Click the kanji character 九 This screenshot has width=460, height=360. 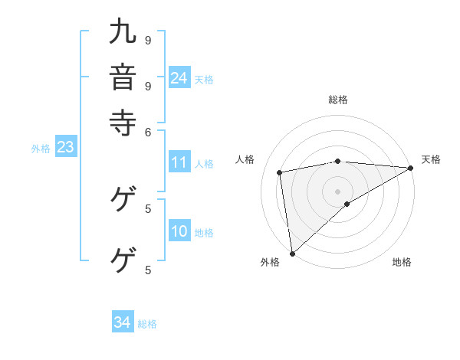click(x=123, y=32)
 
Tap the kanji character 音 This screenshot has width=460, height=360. click(x=123, y=77)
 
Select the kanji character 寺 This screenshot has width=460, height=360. click(x=123, y=121)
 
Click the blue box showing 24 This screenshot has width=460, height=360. click(x=179, y=78)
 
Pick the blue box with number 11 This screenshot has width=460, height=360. click(x=179, y=162)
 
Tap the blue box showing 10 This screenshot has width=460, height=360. click(x=179, y=232)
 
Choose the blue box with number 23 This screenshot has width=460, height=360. click(x=65, y=148)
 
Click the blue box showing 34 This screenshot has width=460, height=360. click(x=123, y=322)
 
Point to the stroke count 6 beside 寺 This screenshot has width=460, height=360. click(x=149, y=132)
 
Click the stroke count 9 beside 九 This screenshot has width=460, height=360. click(x=149, y=39)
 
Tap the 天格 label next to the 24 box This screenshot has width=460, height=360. click(x=204, y=79)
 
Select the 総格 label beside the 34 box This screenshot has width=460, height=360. click(x=147, y=324)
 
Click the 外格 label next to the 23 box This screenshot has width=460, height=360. click(x=41, y=149)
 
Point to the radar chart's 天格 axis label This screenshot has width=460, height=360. click(x=431, y=159)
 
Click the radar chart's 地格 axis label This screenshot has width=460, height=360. click(x=402, y=263)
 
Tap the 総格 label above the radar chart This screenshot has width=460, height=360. click(x=338, y=100)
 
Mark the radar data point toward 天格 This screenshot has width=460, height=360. click(x=411, y=168)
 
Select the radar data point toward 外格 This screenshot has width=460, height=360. click(x=292, y=253)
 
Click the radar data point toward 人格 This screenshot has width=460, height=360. click(x=280, y=172)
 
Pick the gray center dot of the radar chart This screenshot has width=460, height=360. click(x=338, y=191)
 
